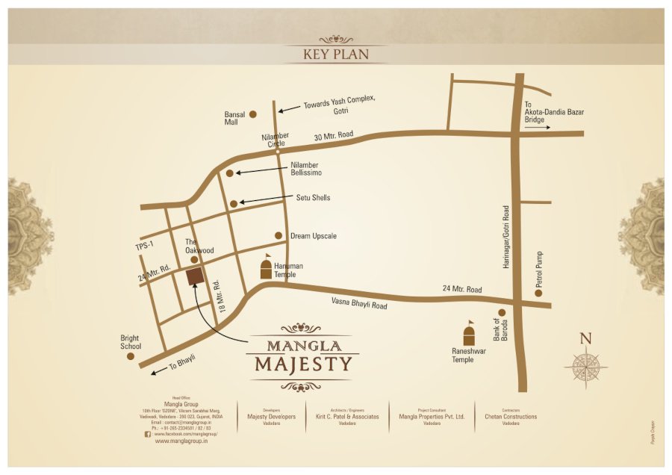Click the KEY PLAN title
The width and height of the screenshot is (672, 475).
coord(335,55)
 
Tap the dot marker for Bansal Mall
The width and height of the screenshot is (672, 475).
coord(253,114)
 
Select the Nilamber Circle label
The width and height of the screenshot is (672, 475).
coord(275,139)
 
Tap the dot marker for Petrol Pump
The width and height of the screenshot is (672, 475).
coord(538,293)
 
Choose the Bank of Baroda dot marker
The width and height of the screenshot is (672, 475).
coord(502,312)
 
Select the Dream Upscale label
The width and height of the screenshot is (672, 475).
coord(313,236)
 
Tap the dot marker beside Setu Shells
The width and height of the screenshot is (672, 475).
coord(234,203)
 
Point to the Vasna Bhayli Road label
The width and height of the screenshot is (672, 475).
coord(360,303)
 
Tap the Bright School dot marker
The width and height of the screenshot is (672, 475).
coord(131,356)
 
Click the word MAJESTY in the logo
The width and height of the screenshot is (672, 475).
coord(302,364)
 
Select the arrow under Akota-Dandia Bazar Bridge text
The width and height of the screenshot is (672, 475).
coord(537,128)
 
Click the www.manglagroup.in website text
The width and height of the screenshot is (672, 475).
coord(181,441)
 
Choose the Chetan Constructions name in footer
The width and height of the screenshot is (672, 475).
coord(511,417)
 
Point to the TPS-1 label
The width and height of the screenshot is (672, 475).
coord(143,246)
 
